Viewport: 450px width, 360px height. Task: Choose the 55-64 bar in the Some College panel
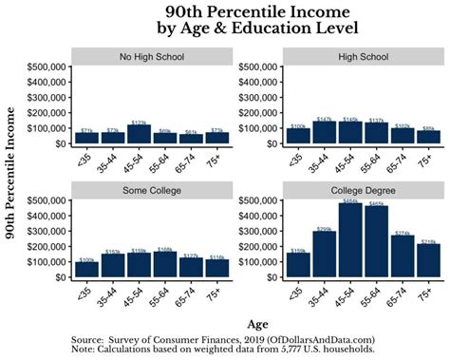[x=165, y=262]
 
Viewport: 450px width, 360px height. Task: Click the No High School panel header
[x=151, y=56]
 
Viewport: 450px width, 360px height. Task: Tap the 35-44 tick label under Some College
[x=111, y=293]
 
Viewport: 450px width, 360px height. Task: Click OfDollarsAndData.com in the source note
[x=321, y=339]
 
